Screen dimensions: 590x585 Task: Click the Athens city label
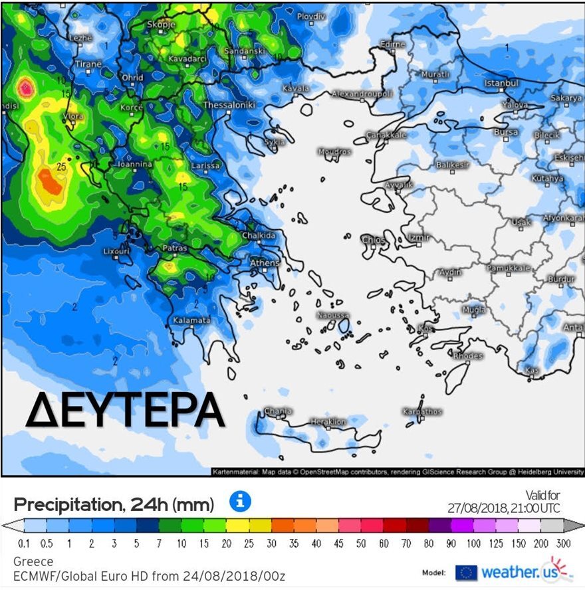pos(265,263)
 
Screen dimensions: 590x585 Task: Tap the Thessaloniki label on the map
pos(229,105)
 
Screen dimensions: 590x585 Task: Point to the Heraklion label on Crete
pos(328,422)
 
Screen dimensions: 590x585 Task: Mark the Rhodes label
pos(468,356)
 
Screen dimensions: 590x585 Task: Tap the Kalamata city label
pos(191,320)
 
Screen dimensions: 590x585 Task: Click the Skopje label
pos(160,24)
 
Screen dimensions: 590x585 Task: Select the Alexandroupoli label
pos(362,94)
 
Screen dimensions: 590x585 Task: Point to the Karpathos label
pos(422,412)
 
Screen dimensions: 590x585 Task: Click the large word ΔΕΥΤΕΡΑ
pos(124,410)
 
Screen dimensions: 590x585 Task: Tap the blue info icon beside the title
pos(240,501)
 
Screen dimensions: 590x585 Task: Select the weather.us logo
pos(515,571)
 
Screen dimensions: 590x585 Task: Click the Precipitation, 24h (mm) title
pos(114,504)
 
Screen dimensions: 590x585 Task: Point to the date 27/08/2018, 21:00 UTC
pos(503,508)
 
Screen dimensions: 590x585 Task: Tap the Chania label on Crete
pos(278,411)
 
